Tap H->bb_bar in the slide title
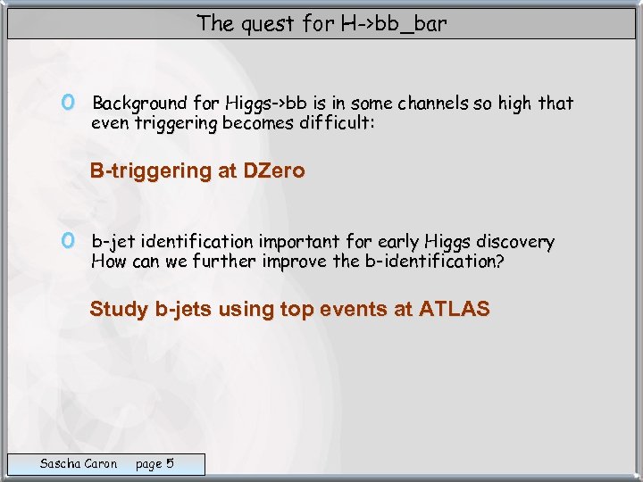[393, 24]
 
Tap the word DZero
[273, 171]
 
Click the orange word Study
[119, 310]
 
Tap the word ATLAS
[455, 310]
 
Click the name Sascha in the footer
[59, 463]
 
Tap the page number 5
[170, 463]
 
